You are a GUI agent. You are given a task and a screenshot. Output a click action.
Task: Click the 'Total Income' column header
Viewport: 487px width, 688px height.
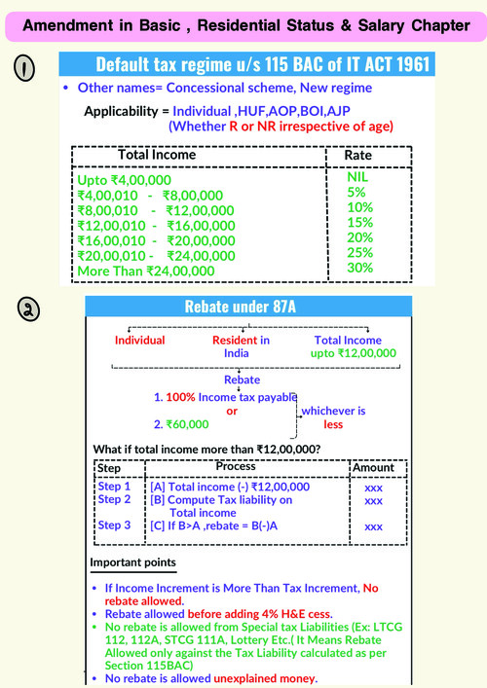pos(157,155)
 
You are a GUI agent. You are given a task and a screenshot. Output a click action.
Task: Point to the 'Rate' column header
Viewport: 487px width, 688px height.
pos(358,156)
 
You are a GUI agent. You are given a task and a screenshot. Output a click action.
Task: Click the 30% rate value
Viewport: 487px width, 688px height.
pos(359,267)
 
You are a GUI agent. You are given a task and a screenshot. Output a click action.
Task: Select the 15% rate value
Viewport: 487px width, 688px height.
pos(359,223)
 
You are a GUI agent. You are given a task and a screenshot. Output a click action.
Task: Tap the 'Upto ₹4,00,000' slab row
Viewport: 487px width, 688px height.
pos(124,181)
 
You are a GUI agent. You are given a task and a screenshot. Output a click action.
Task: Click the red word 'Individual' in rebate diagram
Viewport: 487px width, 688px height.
pos(140,341)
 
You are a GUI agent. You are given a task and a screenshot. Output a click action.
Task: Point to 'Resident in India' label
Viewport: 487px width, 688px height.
pos(242,347)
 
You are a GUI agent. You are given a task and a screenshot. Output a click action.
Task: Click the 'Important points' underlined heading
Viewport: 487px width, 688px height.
pos(133,563)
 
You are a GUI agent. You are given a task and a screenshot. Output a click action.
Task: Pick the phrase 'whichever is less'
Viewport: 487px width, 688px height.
pos(332,417)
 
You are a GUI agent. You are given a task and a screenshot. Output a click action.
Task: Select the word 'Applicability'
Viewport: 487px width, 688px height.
pos(123,112)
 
